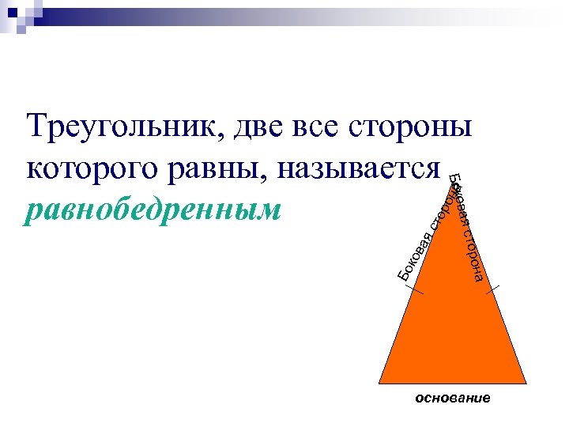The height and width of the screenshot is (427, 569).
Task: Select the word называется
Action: pyautogui.click(x=364, y=170)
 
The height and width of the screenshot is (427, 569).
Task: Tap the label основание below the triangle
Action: pyautogui.click(x=453, y=399)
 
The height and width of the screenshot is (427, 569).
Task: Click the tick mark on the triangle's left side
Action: pyautogui.click(x=415, y=289)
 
